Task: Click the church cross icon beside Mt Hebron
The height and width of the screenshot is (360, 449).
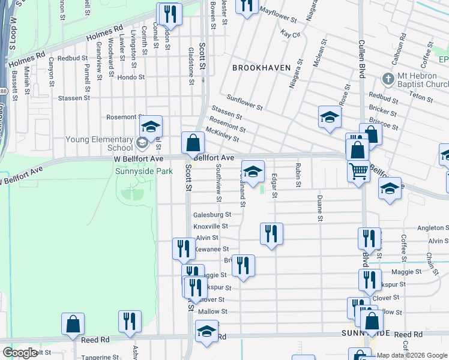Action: [388, 79]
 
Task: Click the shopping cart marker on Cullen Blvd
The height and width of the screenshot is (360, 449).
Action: [358, 172]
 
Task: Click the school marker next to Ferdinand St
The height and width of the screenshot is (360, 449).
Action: [253, 172]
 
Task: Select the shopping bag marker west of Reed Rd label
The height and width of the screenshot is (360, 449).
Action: [73, 323]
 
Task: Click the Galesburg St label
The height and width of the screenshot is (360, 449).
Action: [212, 214]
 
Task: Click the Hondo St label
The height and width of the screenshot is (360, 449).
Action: [131, 77]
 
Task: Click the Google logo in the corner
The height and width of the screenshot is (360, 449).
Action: [20, 353]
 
